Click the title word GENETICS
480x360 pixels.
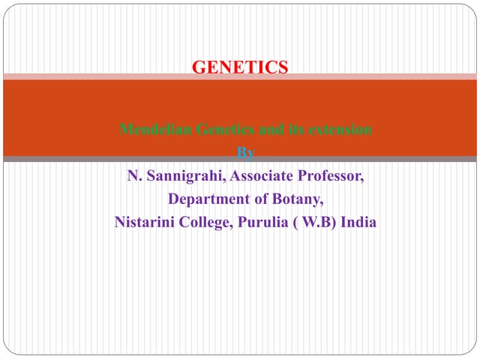point(240,67)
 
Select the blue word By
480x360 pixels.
point(246,154)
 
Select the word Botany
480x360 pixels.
point(296,199)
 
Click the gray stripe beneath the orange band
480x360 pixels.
point(240,159)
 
